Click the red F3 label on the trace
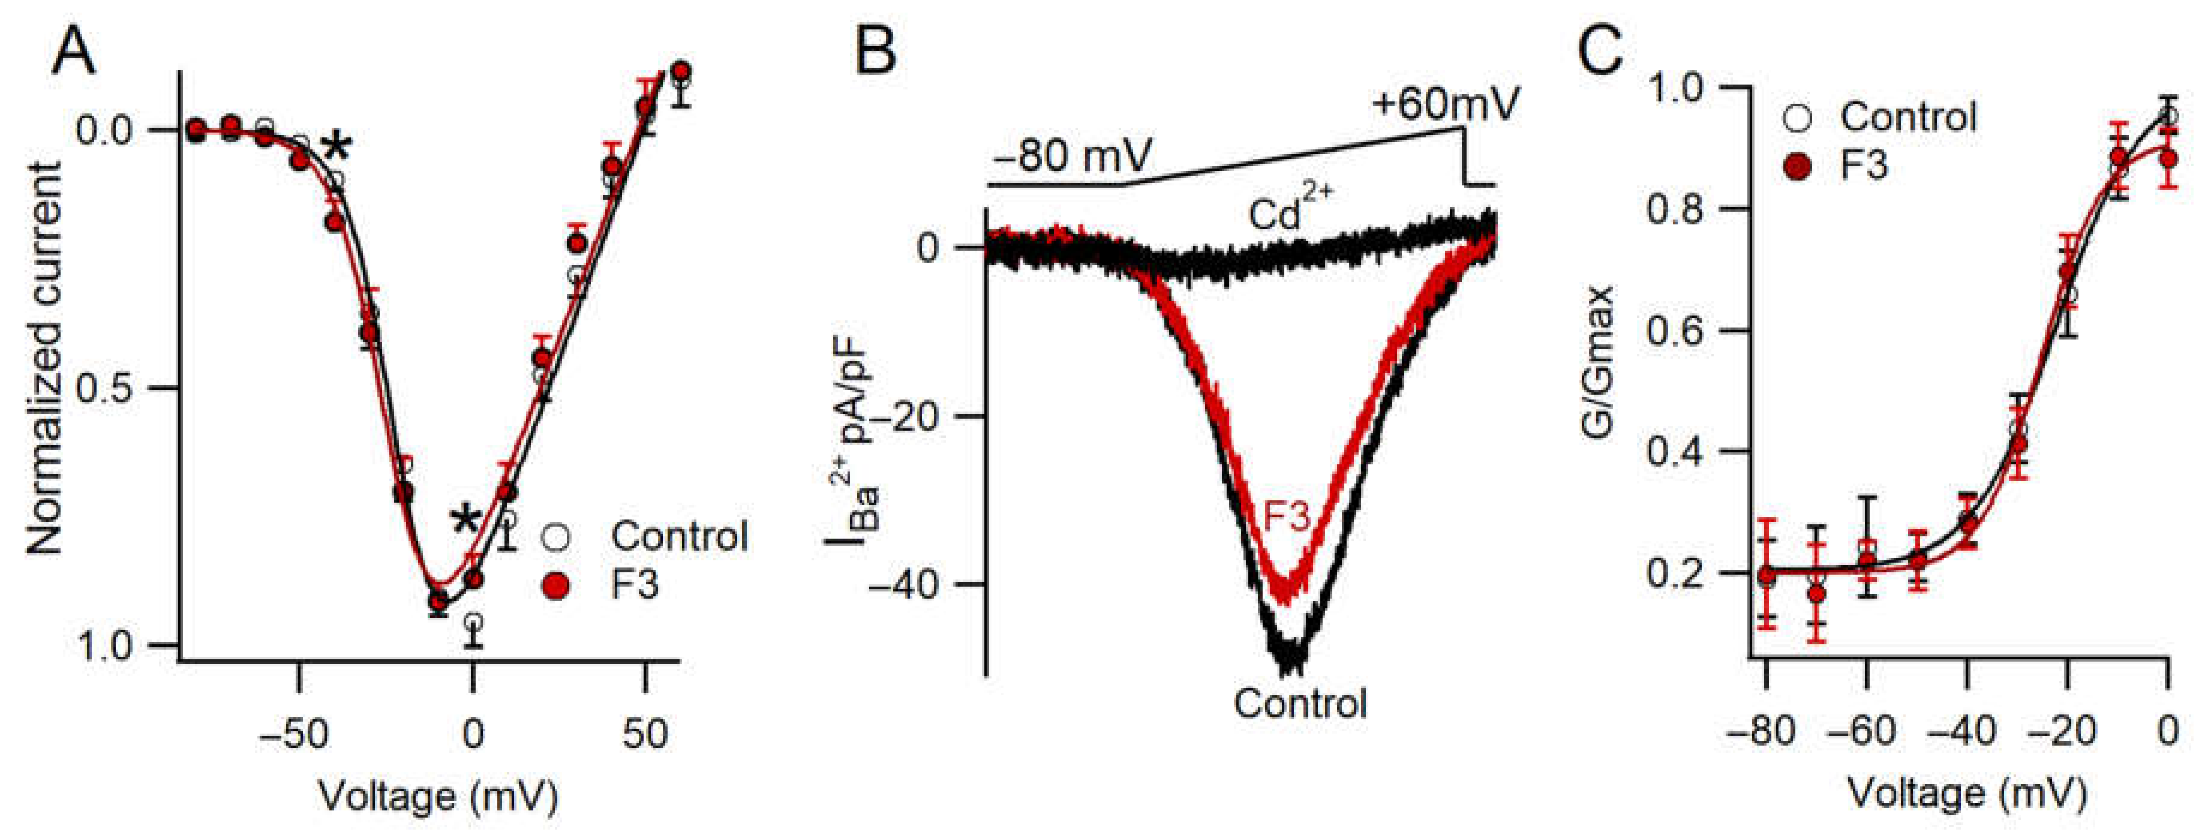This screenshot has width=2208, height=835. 1287,517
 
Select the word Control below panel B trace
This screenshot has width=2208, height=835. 1299,703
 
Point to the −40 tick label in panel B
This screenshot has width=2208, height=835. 912,585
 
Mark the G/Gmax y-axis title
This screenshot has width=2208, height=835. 1597,362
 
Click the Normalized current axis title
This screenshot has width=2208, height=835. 44,358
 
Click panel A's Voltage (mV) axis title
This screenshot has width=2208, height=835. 438,795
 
